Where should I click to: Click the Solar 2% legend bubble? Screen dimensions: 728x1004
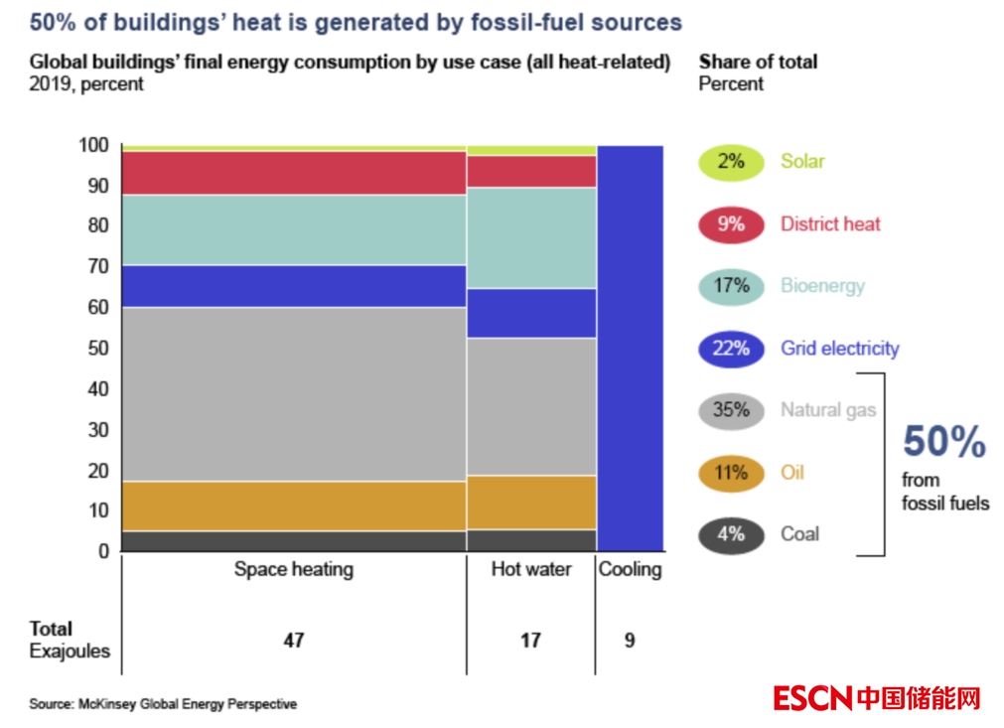(x=731, y=162)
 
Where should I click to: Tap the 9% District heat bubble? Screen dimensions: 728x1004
(x=731, y=224)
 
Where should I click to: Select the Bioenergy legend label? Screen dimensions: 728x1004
(x=822, y=286)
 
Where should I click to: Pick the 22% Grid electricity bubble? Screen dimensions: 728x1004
(x=731, y=349)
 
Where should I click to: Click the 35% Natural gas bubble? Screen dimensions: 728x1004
(x=731, y=410)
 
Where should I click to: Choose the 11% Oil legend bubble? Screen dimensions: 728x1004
(x=731, y=473)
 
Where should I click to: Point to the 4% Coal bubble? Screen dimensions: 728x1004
(x=731, y=534)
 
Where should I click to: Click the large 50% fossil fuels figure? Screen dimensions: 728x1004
(x=943, y=443)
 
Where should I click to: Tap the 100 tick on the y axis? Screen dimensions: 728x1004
(x=94, y=146)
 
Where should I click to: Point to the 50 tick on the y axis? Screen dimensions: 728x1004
(x=98, y=349)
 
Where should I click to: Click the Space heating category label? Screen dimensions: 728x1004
(x=293, y=570)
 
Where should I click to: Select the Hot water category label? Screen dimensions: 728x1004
(x=531, y=570)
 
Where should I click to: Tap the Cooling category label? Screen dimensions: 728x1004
(x=630, y=570)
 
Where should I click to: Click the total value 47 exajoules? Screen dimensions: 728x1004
(x=293, y=641)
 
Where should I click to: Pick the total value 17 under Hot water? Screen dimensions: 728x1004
(x=531, y=641)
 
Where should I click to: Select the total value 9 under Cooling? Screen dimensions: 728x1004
(x=630, y=641)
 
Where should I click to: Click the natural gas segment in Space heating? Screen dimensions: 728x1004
(x=293, y=394)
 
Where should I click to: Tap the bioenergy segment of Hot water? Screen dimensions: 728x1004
(x=531, y=237)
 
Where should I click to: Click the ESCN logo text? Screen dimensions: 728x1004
(x=812, y=698)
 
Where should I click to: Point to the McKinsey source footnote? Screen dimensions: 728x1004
(x=163, y=704)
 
